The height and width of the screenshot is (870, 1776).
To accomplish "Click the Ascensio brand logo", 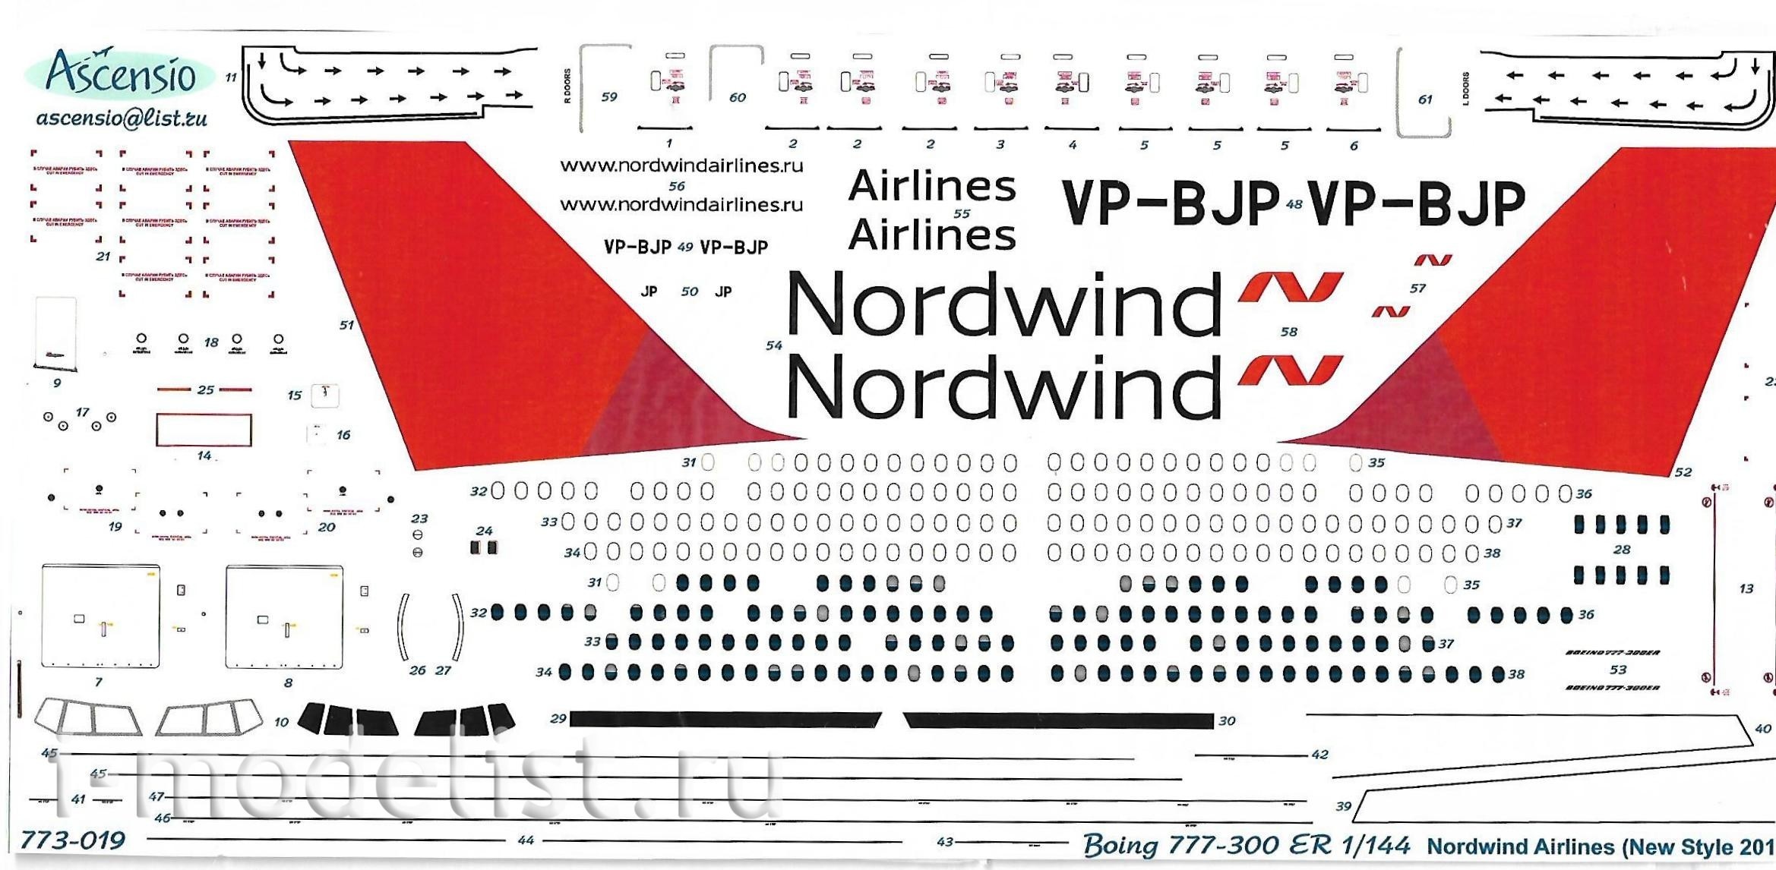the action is pyautogui.click(x=120, y=74).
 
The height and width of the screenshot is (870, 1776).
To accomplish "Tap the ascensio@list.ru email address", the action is pyautogui.click(x=122, y=118).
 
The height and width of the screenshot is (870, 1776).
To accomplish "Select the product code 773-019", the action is pyautogui.click(x=72, y=840).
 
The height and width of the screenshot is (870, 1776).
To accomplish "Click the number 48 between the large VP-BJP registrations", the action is pyautogui.click(x=1294, y=204).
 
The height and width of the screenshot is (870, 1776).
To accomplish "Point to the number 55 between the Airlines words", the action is pyautogui.click(x=962, y=213).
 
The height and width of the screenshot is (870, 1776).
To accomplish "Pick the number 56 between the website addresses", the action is pyautogui.click(x=677, y=186).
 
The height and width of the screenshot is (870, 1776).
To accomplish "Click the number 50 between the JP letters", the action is pyautogui.click(x=689, y=292).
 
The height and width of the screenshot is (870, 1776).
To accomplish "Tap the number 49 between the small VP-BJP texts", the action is pyautogui.click(x=685, y=247).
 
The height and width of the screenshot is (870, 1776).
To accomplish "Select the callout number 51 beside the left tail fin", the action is pyautogui.click(x=346, y=325).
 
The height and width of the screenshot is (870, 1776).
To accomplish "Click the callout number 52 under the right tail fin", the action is pyautogui.click(x=1683, y=472).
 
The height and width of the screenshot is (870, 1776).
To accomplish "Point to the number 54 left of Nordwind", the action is pyautogui.click(x=773, y=345).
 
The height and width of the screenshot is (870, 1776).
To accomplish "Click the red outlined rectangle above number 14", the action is pyautogui.click(x=204, y=430).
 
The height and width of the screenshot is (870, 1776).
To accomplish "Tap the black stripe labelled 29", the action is pyautogui.click(x=725, y=719).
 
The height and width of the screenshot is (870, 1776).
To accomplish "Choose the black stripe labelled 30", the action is pyautogui.click(x=1058, y=720).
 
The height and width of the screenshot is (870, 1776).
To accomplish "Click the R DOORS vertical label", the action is pyautogui.click(x=567, y=86).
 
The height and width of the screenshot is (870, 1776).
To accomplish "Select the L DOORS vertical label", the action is pyautogui.click(x=1465, y=89).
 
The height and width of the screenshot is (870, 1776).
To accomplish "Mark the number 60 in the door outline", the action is pyautogui.click(x=737, y=98).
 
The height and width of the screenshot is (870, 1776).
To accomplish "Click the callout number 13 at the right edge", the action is pyautogui.click(x=1746, y=588).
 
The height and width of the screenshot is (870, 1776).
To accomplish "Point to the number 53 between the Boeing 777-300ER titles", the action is pyautogui.click(x=1618, y=670).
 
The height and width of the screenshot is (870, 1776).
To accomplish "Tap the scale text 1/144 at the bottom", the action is pyautogui.click(x=1375, y=845).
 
